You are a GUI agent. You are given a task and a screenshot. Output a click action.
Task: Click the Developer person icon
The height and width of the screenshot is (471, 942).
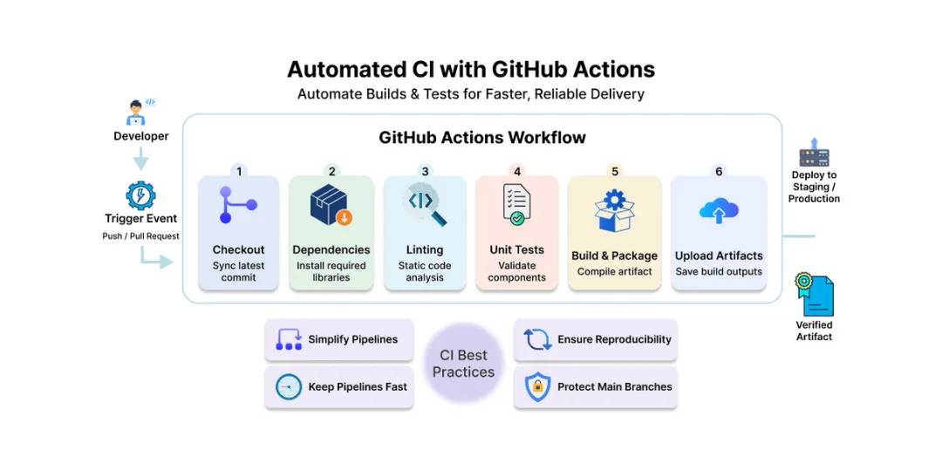[136, 113]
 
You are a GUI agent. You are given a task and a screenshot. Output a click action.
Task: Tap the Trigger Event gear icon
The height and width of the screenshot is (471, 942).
[140, 195]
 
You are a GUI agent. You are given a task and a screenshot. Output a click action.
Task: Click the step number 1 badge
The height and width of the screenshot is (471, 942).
[239, 172]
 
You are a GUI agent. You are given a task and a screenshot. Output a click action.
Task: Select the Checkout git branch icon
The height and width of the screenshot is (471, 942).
[237, 207]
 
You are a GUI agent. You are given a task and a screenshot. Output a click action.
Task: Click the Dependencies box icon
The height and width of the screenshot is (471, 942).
[331, 207]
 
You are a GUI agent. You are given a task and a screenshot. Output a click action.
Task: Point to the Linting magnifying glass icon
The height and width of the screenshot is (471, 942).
[425, 204]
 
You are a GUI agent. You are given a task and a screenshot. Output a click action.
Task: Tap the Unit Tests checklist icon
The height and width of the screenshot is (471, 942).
[516, 206]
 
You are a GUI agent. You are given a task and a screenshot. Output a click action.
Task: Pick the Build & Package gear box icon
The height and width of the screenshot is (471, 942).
[614, 209]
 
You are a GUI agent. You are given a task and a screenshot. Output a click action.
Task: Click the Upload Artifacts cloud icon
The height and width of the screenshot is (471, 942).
[719, 210]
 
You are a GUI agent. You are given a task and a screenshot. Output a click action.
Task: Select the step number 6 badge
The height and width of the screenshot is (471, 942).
[719, 172]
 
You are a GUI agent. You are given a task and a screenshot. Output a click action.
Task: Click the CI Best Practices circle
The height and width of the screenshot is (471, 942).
[463, 364]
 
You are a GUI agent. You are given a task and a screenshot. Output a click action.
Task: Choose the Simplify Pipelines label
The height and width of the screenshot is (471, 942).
[352, 339]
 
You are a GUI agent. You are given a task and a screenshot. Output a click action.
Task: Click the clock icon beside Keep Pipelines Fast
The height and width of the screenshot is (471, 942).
[289, 386]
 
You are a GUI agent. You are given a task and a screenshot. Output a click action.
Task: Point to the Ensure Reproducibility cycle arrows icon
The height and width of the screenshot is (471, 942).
[537, 339]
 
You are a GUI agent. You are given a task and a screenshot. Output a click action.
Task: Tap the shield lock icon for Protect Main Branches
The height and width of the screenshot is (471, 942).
[537, 386]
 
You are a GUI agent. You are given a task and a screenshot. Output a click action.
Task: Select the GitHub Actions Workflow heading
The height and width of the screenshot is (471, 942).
[482, 138]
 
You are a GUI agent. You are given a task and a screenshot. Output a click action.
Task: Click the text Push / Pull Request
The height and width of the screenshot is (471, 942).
[140, 236]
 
